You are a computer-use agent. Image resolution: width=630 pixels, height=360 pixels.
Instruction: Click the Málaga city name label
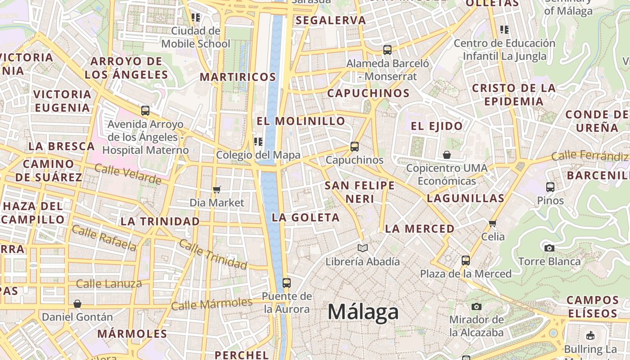pyautogui.click(x=363, y=312)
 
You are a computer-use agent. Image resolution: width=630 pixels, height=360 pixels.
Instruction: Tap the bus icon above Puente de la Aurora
pyautogui.click(x=287, y=283)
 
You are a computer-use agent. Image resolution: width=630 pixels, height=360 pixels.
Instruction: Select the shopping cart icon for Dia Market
pyautogui.click(x=217, y=189)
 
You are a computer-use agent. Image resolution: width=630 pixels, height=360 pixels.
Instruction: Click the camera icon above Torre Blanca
pyautogui.click(x=549, y=248)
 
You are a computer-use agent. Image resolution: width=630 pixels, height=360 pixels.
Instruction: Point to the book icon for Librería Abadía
pyautogui.click(x=362, y=248)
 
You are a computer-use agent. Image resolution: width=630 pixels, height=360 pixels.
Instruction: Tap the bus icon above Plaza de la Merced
pyautogui.click(x=466, y=260)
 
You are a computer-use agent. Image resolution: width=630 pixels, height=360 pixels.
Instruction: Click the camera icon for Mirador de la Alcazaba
pyautogui.click(x=477, y=306)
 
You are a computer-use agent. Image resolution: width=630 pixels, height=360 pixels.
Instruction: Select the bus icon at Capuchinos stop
pyautogui.click(x=355, y=146)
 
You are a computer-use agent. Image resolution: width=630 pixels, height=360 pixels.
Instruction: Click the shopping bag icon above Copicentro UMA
pyautogui.click(x=447, y=155)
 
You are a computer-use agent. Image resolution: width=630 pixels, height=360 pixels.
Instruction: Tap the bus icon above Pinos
pyautogui.click(x=550, y=187)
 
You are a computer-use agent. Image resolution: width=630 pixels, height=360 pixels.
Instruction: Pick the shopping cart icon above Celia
pyautogui.click(x=493, y=223)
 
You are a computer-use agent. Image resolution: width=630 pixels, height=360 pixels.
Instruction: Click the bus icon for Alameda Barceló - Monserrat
pyautogui.click(x=387, y=49)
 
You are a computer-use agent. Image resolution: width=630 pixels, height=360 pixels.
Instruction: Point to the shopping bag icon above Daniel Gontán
pyautogui.click(x=77, y=304)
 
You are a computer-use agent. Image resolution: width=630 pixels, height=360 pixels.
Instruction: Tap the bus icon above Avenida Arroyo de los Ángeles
pyautogui.click(x=145, y=110)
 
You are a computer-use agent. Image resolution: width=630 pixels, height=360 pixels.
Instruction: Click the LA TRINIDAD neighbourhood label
pyautogui.click(x=160, y=221)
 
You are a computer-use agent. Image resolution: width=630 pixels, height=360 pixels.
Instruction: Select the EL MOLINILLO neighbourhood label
pyautogui.click(x=301, y=121)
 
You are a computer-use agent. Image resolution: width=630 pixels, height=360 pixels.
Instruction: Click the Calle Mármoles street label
pyautogui.click(x=211, y=304)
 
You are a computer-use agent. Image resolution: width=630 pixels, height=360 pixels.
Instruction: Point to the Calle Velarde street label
pyautogui.click(x=128, y=174)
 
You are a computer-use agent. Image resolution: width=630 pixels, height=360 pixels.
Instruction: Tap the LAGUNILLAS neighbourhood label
pyautogui.click(x=465, y=198)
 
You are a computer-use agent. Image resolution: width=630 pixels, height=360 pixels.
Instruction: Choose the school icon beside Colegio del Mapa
pyautogui.click(x=258, y=142)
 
